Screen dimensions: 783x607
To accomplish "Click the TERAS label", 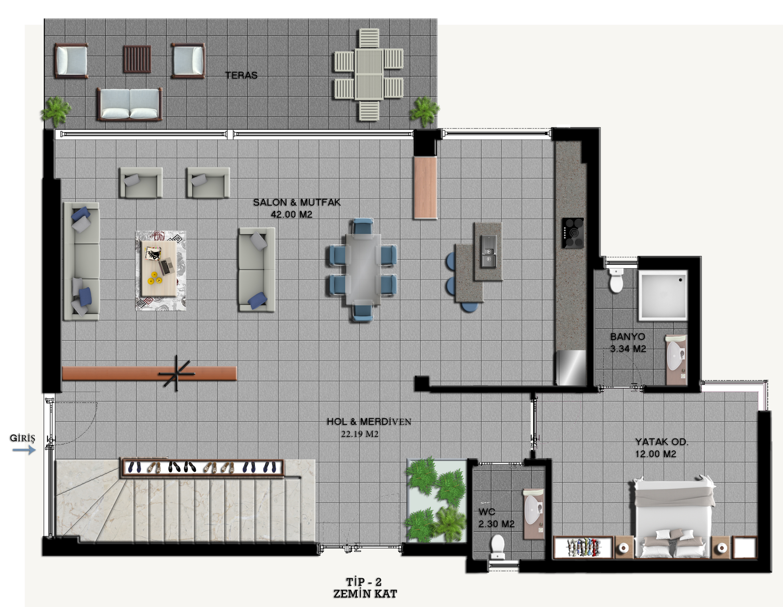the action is (241, 75).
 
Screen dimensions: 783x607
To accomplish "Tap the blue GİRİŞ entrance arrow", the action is (24, 450).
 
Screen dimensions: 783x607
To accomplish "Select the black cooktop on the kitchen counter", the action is (573, 233).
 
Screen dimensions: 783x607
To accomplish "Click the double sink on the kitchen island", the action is (488, 251).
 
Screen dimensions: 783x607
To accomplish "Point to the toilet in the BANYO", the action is (616, 280).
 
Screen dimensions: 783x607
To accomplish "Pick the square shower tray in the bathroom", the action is (663, 295).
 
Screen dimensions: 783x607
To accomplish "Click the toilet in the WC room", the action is (497, 547).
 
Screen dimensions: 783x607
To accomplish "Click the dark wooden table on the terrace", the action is (137, 59).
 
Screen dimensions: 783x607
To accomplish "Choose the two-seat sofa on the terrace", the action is (129, 104).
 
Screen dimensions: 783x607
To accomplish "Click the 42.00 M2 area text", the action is (291, 214).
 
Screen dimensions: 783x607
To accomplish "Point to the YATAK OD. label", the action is (662, 442).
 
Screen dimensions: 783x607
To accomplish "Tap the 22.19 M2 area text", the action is (359, 434).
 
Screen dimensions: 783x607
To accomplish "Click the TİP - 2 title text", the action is (364, 582).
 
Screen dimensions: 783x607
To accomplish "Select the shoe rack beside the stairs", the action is (203, 468).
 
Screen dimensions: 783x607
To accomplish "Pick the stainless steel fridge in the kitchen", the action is (571, 367).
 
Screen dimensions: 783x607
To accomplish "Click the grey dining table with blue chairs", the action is (363, 270).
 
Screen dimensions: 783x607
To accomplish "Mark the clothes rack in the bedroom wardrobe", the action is (583, 547).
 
